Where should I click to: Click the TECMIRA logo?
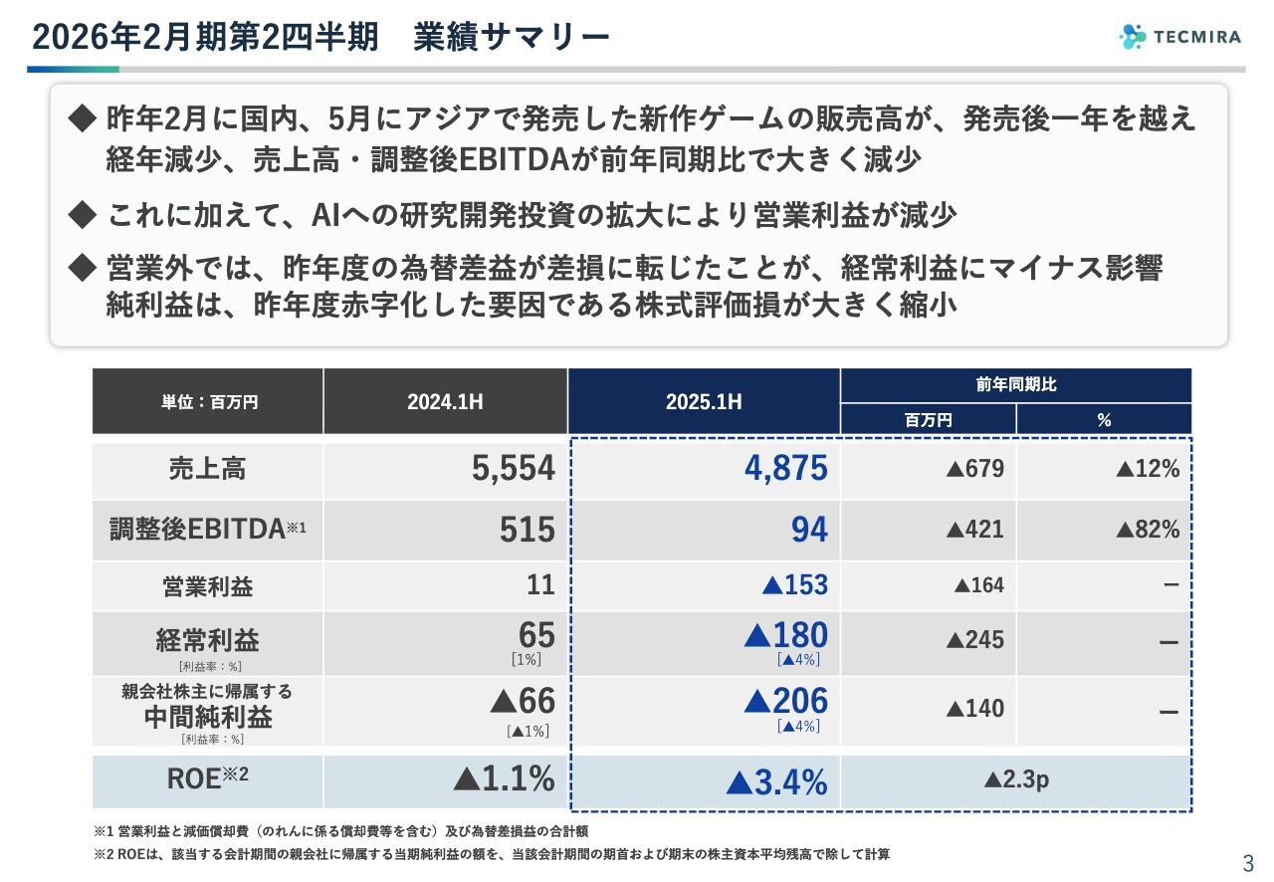[1180, 37]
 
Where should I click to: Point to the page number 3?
[1248, 862]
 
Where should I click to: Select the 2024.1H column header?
[445, 401]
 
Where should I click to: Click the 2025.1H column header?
[704, 401]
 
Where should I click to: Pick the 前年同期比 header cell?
[1016, 384]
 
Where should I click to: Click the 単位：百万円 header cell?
[208, 401]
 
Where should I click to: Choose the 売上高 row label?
[208, 469]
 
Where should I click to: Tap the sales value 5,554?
[513, 469]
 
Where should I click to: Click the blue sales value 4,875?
[785, 469]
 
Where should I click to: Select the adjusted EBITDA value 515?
[527, 530]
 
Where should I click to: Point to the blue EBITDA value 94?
[808, 530]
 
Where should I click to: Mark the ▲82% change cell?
[1147, 530]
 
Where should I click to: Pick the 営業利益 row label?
[208, 586]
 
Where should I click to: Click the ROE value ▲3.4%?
[776, 782]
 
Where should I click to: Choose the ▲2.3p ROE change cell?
[1016, 780]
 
